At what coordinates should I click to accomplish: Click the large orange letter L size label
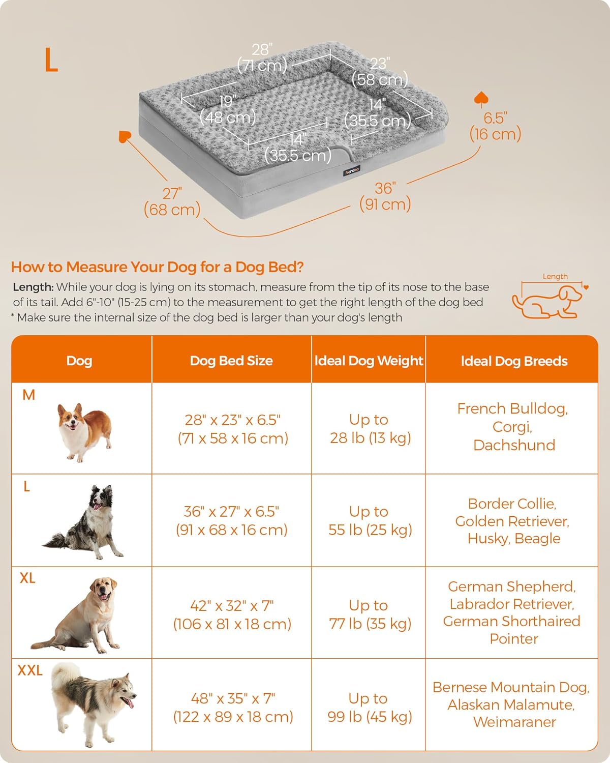coord(51,60)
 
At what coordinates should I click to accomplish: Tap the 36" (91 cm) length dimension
coord(385,196)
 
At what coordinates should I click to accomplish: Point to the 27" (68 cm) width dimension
coord(172,201)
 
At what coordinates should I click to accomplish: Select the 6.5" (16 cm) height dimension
coord(495,126)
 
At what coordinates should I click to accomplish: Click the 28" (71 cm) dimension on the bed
coord(262,57)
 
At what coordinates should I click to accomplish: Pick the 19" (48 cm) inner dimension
coord(228,109)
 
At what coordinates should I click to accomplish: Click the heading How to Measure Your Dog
coord(157,267)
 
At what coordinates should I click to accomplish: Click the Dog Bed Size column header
coord(231,361)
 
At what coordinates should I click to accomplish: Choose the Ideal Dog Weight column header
coord(369,361)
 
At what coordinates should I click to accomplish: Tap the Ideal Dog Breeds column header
coord(514,361)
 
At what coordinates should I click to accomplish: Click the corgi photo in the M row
coord(84,431)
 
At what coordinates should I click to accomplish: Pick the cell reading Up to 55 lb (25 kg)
coord(370,521)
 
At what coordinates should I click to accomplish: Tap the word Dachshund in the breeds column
coord(514,445)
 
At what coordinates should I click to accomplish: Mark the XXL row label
coord(30,670)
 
